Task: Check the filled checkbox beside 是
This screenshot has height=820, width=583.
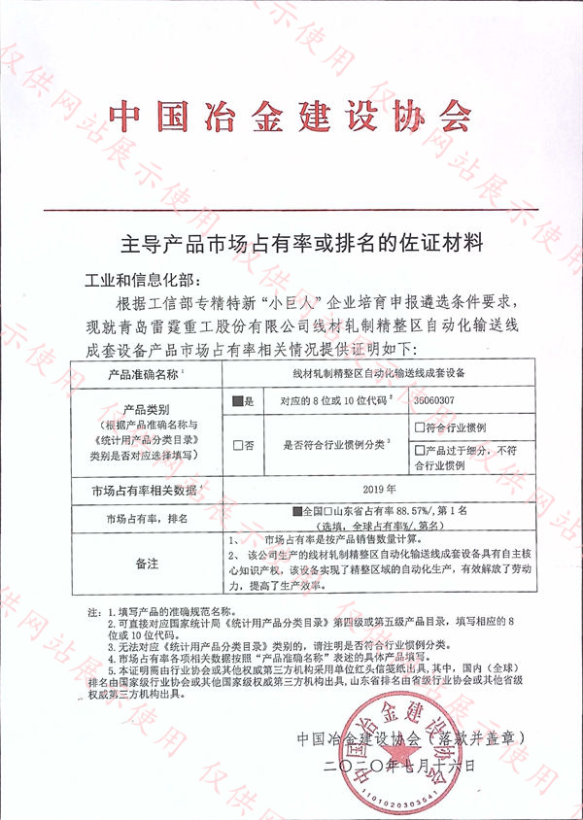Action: [x=238, y=399]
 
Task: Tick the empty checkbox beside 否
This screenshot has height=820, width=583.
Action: [x=238, y=444]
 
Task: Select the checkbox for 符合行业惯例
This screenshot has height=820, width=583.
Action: [x=420, y=427]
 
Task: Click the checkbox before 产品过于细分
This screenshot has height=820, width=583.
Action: [x=420, y=450]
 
